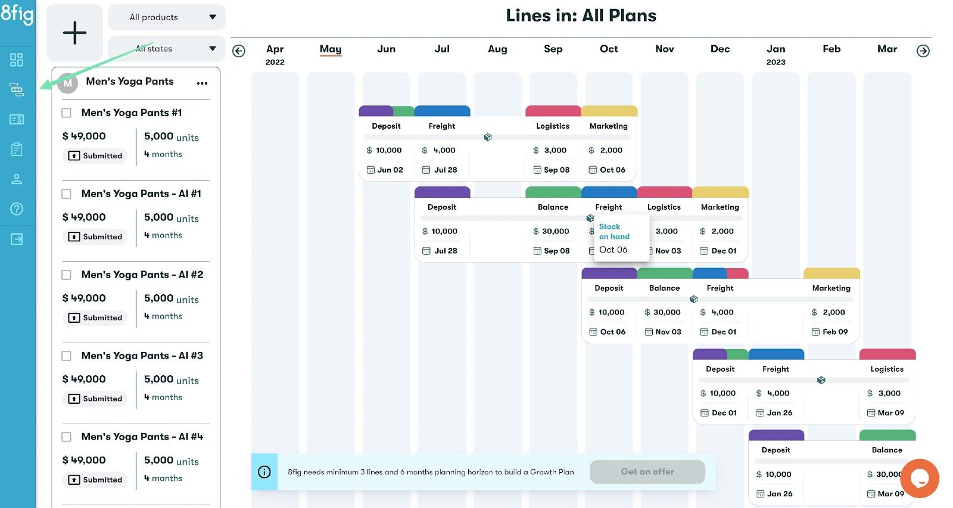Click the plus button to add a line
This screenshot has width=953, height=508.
[x=74, y=33]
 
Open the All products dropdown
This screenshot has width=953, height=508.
[x=167, y=17]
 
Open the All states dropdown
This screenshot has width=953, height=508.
[x=167, y=48]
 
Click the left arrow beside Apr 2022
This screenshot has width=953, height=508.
[x=239, y=51]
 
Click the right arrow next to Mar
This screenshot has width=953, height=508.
[x=923, y=51]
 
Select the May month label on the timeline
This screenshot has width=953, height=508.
[x=331, y=49]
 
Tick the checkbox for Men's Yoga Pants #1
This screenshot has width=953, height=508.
[x=67, y=113]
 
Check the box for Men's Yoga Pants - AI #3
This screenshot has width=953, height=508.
[x=67, y=356]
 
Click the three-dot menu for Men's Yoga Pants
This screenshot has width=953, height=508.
[x=202, y=83]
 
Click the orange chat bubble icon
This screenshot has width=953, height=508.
[x=920, y=478]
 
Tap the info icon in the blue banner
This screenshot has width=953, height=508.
[x=264, y=472]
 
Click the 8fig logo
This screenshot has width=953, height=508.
[x=17, y=14]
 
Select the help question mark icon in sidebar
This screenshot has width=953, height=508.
[x=17, y=208]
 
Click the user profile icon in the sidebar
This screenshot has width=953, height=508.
[x=17, y=179]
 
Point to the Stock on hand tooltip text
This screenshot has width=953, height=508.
[x=614, y=232]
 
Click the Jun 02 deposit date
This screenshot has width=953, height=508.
[x=390, y=170]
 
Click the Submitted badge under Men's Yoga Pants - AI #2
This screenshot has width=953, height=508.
[x=95, y=317]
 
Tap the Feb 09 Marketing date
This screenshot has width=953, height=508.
[x=834, y=332]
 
